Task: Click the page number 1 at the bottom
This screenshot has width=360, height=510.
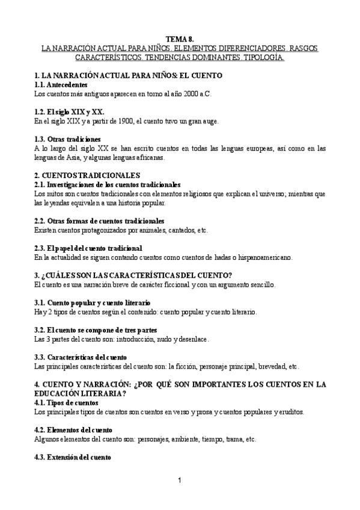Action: pyautogui.click(x=179, y=480)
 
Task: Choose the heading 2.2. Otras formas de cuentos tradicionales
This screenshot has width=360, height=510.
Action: pyautogui.click(x=99, y=221)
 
